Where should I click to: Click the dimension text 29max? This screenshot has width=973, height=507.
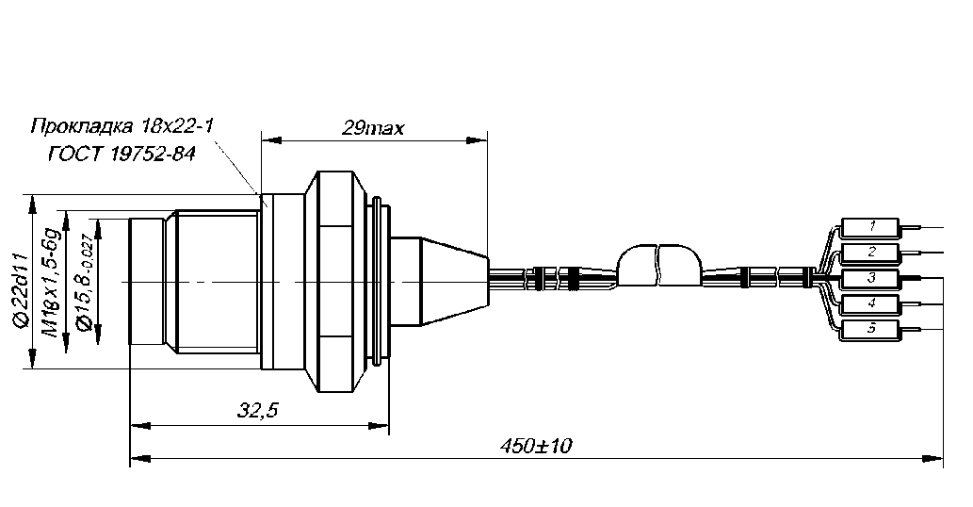(372, 128)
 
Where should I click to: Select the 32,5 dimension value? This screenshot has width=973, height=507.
(258, 410)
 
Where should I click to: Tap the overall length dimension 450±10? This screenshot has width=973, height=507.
(536, 445)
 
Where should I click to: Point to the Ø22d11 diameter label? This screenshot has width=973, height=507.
(20, 290)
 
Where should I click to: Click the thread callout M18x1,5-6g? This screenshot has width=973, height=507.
(53, 282)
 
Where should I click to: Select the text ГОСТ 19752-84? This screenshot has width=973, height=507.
(122, 154)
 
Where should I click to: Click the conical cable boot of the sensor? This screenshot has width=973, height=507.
(455, 282)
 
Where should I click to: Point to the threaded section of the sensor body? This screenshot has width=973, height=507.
(218, 282)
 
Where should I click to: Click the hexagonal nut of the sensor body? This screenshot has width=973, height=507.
(337, 282)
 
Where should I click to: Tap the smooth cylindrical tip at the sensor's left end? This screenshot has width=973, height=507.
(149, 282)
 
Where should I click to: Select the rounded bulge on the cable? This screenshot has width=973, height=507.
(660, 266)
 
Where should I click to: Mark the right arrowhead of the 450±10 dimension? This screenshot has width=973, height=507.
(932, 459)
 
